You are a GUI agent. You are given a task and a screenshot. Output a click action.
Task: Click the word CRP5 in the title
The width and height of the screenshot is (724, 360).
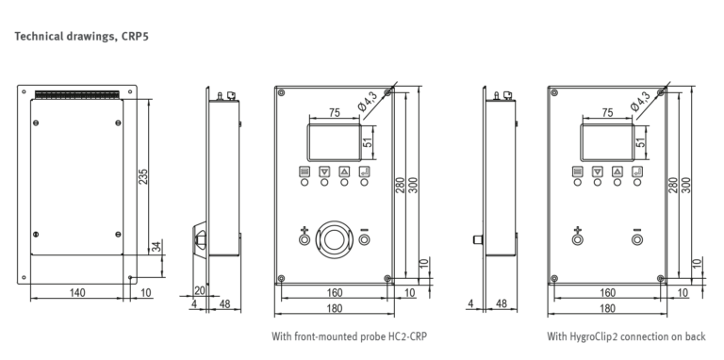[x=136, y=37]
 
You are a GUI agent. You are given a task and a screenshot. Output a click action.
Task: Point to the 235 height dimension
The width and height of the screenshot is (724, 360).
[x=143, y=177]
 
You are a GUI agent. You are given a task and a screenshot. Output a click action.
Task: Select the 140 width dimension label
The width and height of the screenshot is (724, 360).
[x=77, y=292]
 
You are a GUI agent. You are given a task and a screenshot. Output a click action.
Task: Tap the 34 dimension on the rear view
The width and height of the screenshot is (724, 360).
[x=157, y=247]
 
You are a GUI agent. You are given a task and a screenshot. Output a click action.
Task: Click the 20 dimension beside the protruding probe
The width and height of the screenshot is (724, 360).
[x=200, y=290]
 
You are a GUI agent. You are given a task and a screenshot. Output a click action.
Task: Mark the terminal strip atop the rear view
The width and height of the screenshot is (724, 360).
[x=77, y=94]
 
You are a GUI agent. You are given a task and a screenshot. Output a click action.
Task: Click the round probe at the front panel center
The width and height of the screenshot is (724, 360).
[x=334, y=239]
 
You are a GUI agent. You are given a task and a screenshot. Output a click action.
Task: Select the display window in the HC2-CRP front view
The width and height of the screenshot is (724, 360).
[x=335, y=142]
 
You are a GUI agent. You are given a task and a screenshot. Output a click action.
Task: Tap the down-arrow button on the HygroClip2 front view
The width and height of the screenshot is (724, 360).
[x=598, y=172]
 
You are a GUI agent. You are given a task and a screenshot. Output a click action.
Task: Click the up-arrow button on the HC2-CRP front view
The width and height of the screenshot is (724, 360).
[x=344, y=172]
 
